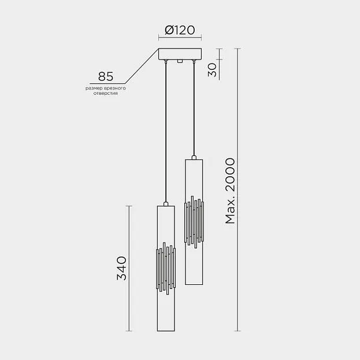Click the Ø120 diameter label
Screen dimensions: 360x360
180,30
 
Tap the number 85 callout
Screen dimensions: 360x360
106,76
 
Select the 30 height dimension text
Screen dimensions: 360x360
213,70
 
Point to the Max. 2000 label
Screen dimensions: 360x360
231,191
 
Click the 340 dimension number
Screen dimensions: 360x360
122,268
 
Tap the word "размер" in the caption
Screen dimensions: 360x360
94,88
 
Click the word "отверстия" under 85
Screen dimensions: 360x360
106,94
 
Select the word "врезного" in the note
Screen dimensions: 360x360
115,88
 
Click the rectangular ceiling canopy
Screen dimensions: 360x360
180,54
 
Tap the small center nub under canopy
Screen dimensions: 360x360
180,61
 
